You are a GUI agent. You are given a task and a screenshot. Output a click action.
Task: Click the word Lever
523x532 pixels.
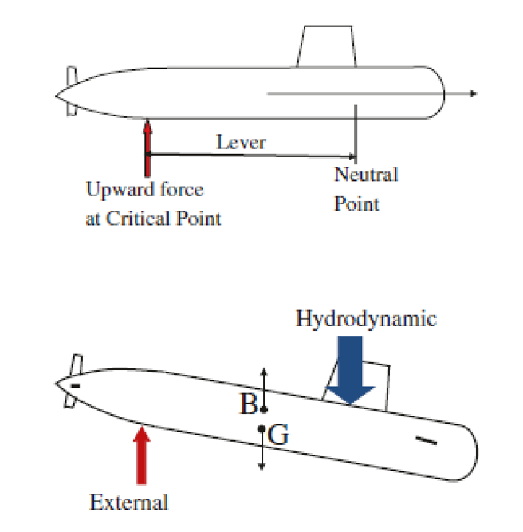click(x=241, y=143)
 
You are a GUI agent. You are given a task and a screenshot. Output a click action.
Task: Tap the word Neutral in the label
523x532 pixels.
click(x=365, y=175)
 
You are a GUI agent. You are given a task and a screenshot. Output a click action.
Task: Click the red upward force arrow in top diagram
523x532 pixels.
click(x=147, y=148)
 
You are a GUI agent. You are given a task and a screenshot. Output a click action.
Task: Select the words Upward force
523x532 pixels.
click(x=144, y=190)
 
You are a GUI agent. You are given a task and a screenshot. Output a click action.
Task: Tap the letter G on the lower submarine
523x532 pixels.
click(x=278, y=435)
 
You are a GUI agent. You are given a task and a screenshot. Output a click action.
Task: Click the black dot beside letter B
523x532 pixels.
click(x=264, y=408)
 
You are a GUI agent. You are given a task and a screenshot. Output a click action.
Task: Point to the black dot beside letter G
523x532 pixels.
click(x=261, y=430)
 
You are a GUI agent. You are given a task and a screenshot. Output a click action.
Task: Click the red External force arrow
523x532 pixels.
click(x=141, y=455)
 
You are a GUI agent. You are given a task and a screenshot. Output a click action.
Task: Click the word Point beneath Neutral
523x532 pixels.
click(x=356, y=203)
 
